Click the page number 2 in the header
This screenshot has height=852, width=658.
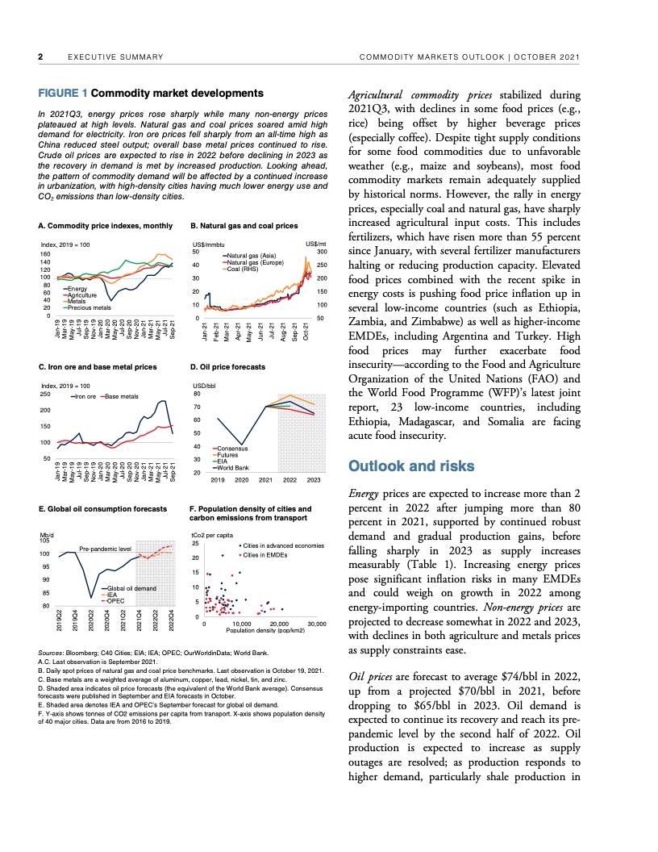pyautogui.click(x=41, y=56)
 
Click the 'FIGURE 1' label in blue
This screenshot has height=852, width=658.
pyautogui.click(x=63, y=94)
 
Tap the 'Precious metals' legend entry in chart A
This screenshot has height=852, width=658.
pyautogui.click(x=90, y=308)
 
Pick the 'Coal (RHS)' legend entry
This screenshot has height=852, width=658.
pyautogui.click(x=244, y=269)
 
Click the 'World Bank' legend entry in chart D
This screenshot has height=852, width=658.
pyautogui.click(x=234, y=468)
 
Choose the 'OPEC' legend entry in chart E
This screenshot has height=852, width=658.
pyautogui.click(x=118, y=601)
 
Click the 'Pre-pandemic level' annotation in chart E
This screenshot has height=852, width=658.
pyautogui.click(x=105, y=548)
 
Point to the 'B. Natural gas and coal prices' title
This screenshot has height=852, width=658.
pyautogui.click(x=244, y=226)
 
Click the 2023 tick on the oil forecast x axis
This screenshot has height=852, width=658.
pyautogui.click(x=314, y=479)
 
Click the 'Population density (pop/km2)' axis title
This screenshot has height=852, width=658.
pyautogui.click(x=264, y=631)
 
